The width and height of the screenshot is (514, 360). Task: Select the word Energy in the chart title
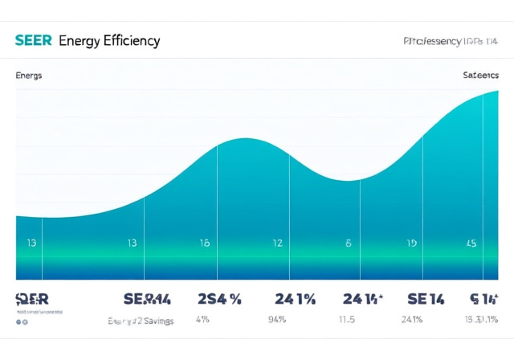(x=80, y=41)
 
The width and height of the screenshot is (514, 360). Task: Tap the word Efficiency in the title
(x=132, y=41)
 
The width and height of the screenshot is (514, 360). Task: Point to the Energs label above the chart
(x=29, y=75)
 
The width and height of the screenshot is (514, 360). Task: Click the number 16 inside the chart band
(x=204, y=243)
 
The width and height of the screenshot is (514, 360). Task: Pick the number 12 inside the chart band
(x=277, y=243)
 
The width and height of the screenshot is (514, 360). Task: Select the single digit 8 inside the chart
(x=349, y=243)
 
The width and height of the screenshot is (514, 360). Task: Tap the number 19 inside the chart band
(x=411, y=243)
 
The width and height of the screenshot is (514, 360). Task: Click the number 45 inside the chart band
(x=471, y=243)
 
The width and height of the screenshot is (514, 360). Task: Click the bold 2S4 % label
(x=219, y=299)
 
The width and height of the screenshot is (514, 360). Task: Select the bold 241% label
(x=295, y=299)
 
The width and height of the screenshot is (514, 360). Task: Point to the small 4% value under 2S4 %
(x=202, y=320)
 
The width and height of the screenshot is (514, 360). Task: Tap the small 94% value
(x=277, y=320)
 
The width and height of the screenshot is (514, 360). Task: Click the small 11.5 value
(x=347, y=320)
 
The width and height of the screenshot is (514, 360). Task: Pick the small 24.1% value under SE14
(x=411, y=320)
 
